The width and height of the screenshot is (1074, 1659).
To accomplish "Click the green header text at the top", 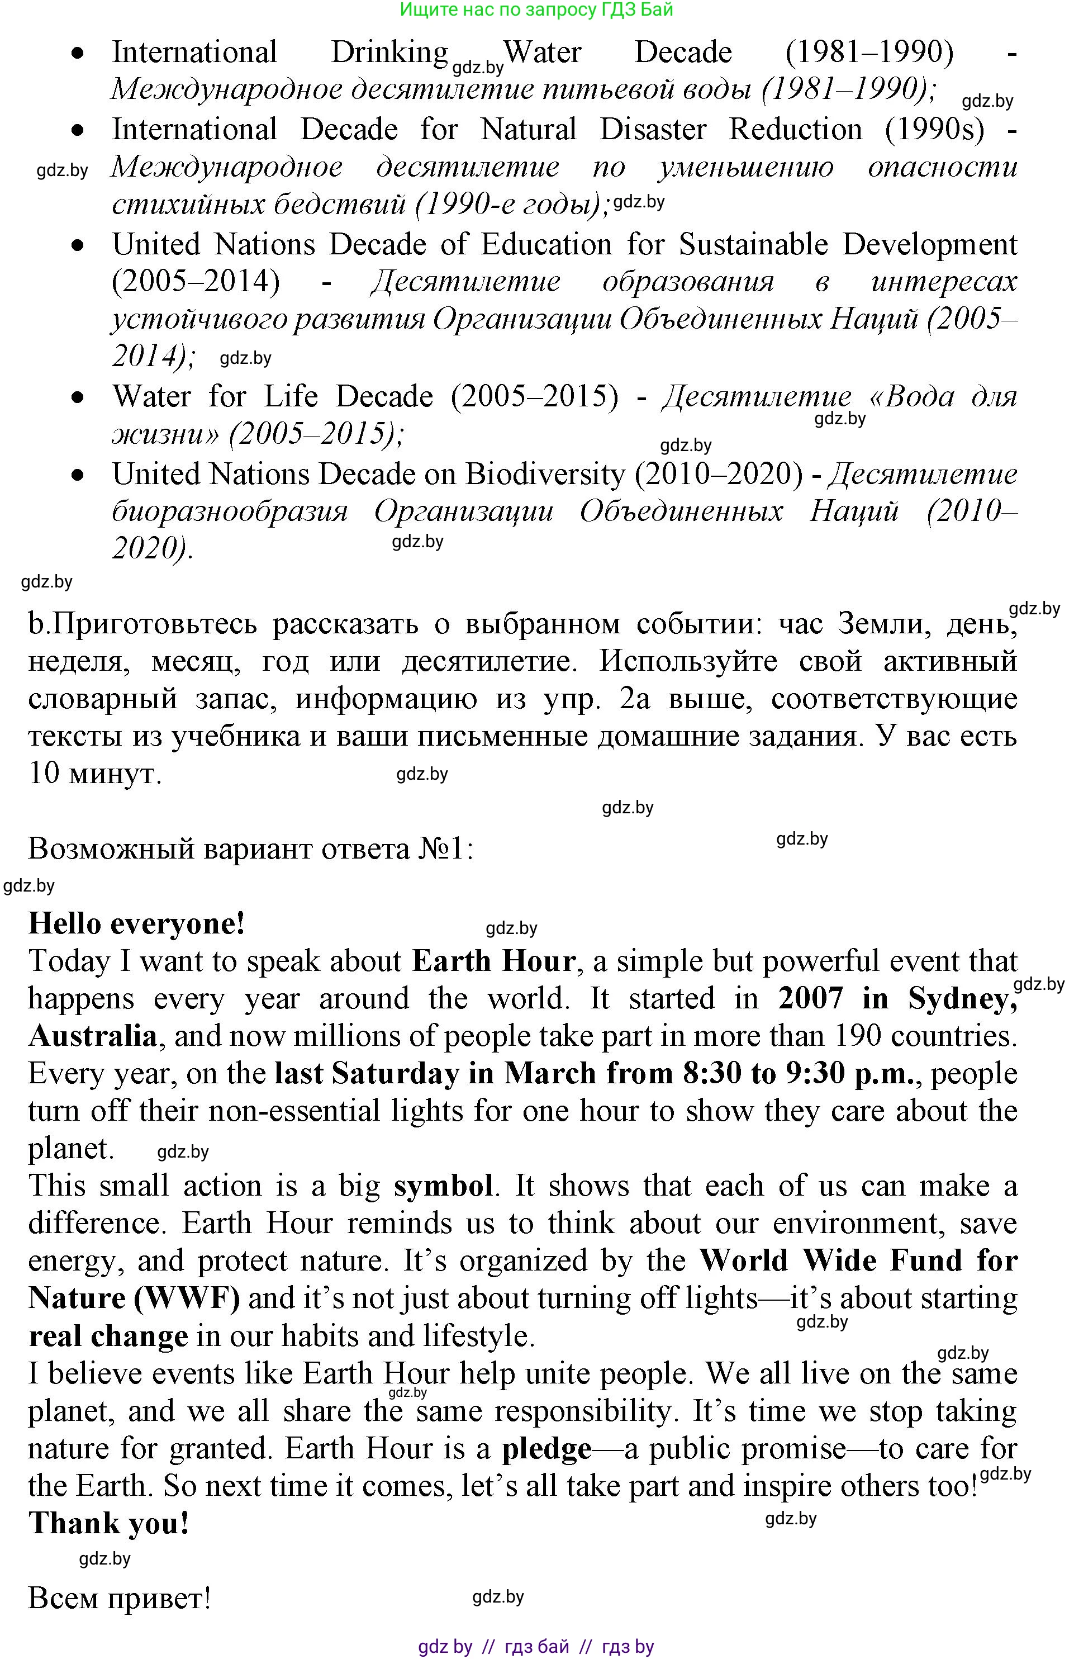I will [x=536, y=10].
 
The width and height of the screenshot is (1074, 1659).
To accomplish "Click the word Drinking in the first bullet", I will [x=389, y=53].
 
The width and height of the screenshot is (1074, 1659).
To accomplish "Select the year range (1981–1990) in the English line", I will [x=869, y=53].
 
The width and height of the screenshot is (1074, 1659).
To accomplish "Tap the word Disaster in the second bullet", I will [x=653, y=130].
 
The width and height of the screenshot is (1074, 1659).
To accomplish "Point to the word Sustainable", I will [x=753, y=245].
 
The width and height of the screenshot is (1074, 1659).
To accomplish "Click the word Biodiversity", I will [x=545, y=475].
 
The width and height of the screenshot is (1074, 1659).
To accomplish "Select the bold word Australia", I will [x=93, y=1036].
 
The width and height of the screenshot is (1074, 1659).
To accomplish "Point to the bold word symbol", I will [x=443, y=1186].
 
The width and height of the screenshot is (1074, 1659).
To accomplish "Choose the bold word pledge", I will [x=547, y=1449].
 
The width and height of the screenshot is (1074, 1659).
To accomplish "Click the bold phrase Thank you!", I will [x=109, y=1524].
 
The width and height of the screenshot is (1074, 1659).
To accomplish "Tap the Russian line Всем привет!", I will [x=119, y=1599].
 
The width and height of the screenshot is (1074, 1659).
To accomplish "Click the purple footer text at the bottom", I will [x=536, y=1647].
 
